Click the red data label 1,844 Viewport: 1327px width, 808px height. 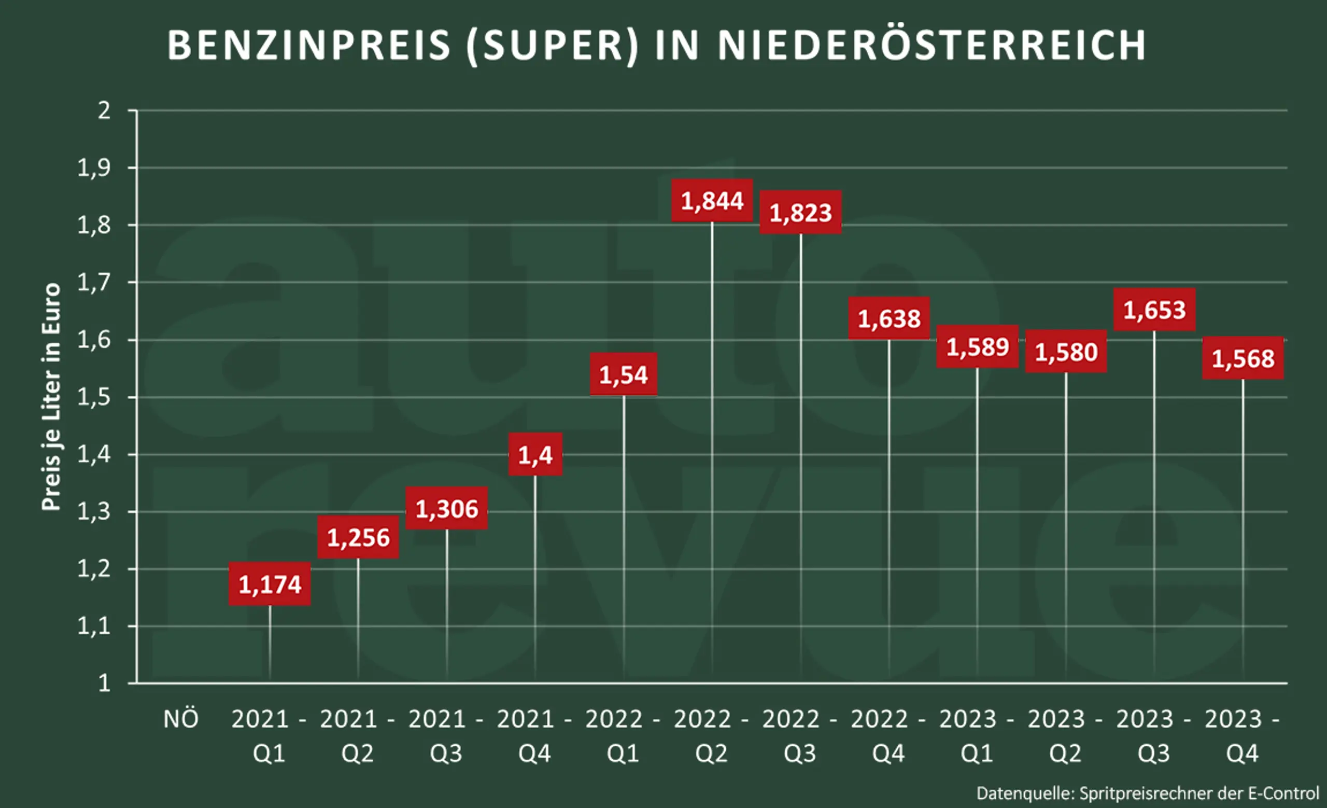(x=712, y=200)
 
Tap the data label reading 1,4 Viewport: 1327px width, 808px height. (x=535, y=455)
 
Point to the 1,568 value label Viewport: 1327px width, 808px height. (x=1243, y=358)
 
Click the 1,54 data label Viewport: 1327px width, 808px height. (x=623, y=374)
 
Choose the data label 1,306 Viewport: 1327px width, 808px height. (x=446, y=509)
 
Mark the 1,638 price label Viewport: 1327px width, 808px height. (x=889, y=318)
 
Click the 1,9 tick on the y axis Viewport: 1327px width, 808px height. (x=94, y=168)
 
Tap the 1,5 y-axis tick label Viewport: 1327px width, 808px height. (x=94, y=398)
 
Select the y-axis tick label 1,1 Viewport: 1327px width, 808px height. (x=94, y=626)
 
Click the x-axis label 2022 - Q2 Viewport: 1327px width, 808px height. (x=711, y=736)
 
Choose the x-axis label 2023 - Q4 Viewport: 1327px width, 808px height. (x=1242, y=736)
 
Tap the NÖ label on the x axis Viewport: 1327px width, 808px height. (x=181, y=720)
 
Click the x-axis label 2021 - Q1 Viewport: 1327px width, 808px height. (x=269, y=736)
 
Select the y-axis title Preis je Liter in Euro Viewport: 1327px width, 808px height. (x=52, y=396)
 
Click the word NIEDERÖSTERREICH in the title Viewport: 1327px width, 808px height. (x=931, y=45)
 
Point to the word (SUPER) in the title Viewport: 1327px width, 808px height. (x=552, y=45)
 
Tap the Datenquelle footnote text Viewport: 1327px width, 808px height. (x=1148, y=793)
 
